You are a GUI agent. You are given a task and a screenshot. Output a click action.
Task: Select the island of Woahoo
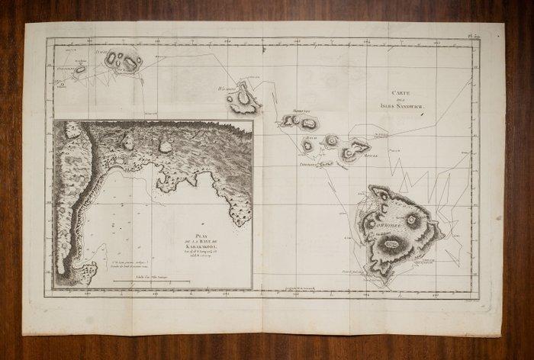(x=250, y=98)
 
